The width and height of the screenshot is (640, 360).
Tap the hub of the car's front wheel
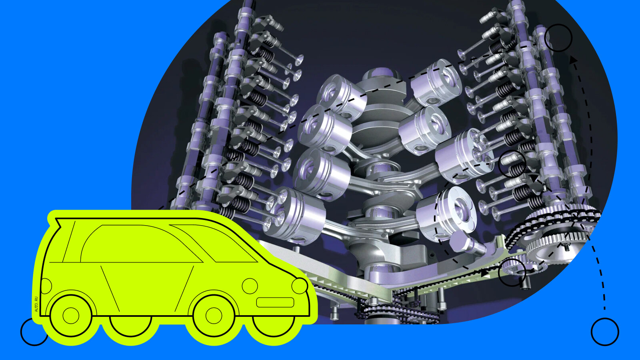click(x=214, y=316)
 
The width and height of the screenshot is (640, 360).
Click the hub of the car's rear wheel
click(x=70, y=316)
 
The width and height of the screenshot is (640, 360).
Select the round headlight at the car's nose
click(x=300, y=286)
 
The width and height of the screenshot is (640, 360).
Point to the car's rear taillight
click(x=46, y=286)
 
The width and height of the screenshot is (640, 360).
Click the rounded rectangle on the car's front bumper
click(x=275, y=302)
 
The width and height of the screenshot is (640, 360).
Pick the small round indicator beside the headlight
click(x=250, y=286)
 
